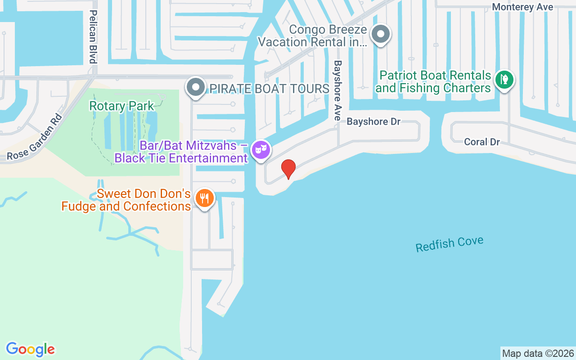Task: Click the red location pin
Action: click(288, 169)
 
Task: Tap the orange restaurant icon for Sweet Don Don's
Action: click(205, 198)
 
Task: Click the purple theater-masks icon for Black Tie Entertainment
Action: click(261, 149)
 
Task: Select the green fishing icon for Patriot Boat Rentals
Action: click(504, 80)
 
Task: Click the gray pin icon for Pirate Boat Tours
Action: click(196, 87)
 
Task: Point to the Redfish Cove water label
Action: click(449, 244)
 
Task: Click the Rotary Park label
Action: click(121, 106)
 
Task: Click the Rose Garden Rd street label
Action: click(34, 137)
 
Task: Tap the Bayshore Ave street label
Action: click(337, 90)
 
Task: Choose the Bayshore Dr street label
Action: click(373, 122)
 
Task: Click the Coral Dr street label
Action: click(481, 142)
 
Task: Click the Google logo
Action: click(31, 349)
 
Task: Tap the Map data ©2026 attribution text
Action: click(538, 353)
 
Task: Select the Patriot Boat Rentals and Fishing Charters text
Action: click(433, 81)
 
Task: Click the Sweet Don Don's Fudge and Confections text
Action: click(126, 200)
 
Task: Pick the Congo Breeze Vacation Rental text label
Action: click(313, 36)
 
